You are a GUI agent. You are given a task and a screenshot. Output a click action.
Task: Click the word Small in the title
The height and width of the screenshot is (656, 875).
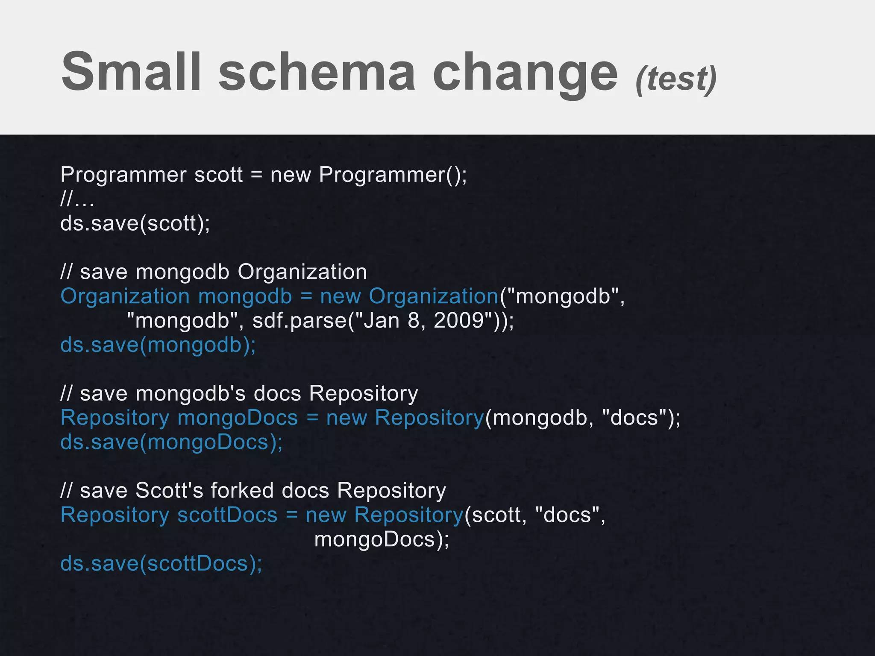[131, 71]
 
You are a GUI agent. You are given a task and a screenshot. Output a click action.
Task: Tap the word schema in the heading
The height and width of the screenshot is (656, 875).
[317, 71]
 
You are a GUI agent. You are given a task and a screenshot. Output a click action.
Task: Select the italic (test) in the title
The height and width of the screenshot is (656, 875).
[676, 79]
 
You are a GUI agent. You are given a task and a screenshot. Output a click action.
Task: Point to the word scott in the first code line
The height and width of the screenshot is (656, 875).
[218, 175]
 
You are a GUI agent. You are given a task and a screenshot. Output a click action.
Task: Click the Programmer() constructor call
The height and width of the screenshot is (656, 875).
[393, 175]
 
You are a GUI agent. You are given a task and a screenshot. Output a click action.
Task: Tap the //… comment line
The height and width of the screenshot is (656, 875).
[77, 199]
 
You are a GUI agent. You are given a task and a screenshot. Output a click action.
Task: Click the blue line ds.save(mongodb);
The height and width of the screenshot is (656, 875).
[158, 345]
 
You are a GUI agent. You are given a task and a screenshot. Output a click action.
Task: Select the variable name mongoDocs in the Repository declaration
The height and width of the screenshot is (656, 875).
[238, 418]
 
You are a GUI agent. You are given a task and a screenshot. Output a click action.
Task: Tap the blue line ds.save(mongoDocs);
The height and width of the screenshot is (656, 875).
[171, 442]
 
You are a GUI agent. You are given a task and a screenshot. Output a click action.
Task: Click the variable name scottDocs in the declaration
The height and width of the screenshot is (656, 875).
[227, 515]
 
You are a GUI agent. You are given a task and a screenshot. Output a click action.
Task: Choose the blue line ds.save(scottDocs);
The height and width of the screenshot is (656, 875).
[161, 563]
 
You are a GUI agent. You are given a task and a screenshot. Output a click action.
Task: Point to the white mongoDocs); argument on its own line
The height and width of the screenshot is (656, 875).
[382, 539]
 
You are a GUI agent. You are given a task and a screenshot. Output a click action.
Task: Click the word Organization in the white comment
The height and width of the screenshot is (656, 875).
[302, 272]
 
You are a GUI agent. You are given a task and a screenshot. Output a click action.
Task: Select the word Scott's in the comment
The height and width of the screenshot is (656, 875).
[169, 490]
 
